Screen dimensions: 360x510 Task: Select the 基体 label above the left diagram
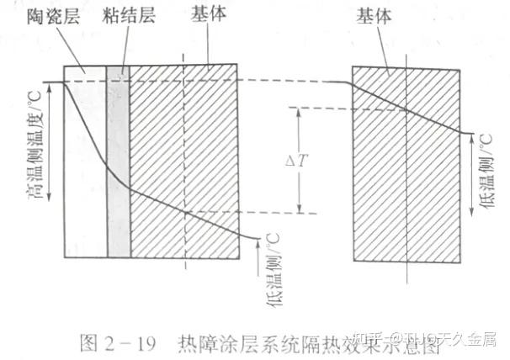coord(210,15)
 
